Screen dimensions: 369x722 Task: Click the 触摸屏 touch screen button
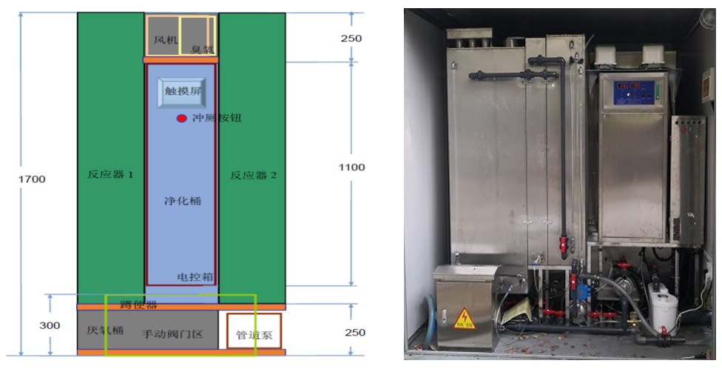pos(181,92)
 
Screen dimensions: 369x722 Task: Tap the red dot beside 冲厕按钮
pos(181,118)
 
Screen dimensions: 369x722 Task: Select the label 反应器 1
pos(110,176)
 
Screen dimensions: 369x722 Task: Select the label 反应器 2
pos(253,176)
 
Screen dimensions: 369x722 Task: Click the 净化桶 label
pos(181,200)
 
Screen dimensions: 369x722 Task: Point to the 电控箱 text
pos(195,277)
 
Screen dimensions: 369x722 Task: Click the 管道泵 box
pos(254,333)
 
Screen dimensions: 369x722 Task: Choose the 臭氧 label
pos(201,49)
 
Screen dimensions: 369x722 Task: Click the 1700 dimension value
pos(33,179)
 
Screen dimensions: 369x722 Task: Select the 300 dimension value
pos(50,325)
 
